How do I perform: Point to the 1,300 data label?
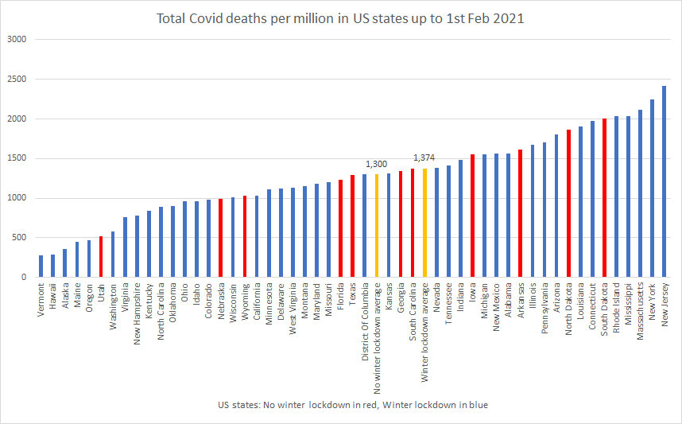point(376,163)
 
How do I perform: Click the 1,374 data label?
point(424,158)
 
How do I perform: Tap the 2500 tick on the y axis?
point(16,80)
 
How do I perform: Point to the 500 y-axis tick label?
point(19,238)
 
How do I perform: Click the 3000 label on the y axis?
point(16,40)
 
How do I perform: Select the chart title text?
point(340,18)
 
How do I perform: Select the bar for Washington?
point(113,254)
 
